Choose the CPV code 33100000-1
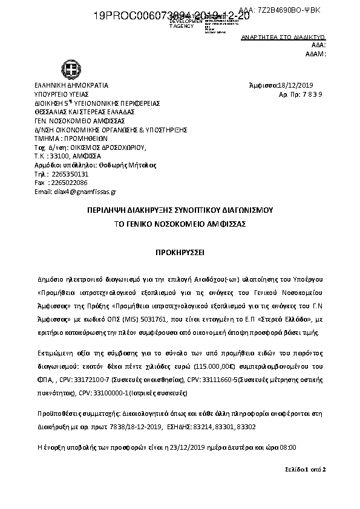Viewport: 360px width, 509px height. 99,393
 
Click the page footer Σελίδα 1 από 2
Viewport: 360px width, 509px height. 306,469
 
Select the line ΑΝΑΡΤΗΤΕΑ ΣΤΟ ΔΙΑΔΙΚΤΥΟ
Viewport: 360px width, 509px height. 283,37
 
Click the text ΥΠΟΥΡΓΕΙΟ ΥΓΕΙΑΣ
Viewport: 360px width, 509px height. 62,94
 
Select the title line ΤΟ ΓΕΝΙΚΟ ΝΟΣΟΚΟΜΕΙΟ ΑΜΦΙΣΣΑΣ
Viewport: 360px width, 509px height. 180,223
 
